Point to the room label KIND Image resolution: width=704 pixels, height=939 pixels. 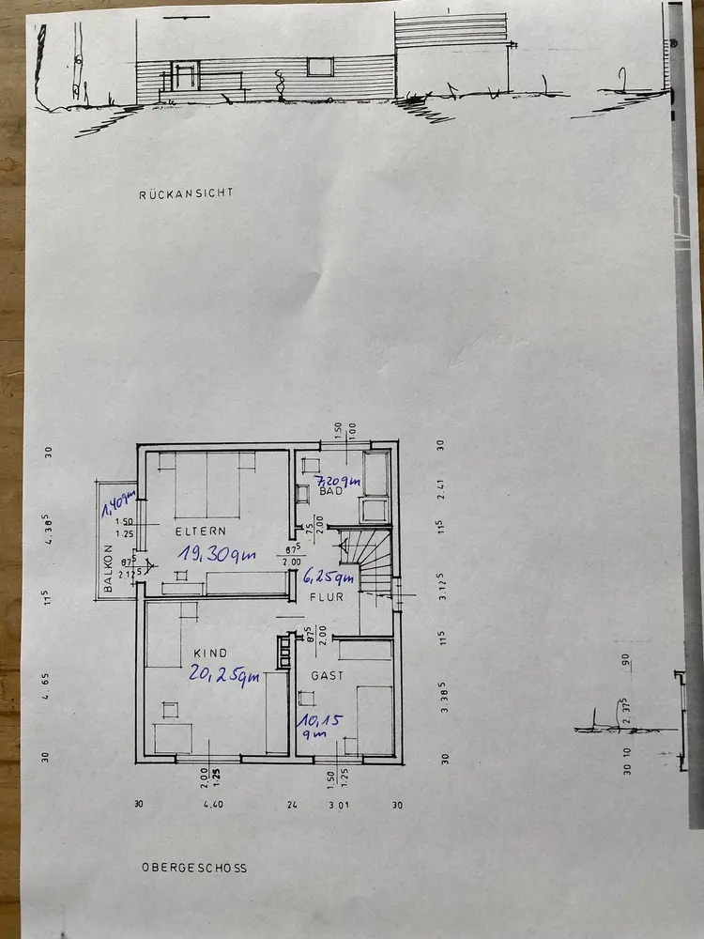[210, 653]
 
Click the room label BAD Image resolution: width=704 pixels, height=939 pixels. [330, 491]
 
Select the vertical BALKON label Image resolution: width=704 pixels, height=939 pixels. [109, 569]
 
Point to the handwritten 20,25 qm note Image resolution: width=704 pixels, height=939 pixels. [225, 673]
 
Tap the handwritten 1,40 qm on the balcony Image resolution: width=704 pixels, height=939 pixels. [119, 508]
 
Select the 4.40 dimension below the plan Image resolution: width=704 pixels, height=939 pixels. [215, 804]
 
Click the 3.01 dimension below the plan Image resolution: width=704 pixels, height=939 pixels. [337, 804]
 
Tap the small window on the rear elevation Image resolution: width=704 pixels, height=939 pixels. [320, 66]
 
